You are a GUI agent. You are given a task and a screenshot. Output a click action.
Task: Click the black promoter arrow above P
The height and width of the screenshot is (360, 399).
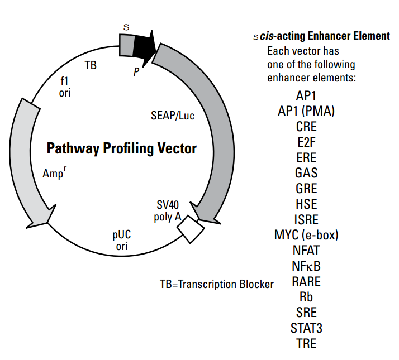pyautogui.click(x=144, y=45)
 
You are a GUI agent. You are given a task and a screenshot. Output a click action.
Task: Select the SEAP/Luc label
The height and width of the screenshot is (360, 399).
pyautogui.click(x=173, y=116)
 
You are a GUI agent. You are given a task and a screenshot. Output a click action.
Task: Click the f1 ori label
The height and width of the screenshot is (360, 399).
pyautogui.click(x=65, y=87)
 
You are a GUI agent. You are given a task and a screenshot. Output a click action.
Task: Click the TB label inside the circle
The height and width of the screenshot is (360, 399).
pyautogui.click(x=91, y=65)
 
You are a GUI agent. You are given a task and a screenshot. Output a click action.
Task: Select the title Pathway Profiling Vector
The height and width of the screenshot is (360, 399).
pyautogui.click(x=121, y=149)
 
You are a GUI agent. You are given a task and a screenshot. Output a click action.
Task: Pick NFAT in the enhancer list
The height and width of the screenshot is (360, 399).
pyautogui.click(x=306, y=249)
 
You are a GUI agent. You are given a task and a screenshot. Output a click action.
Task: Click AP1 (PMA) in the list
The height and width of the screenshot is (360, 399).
pyautogui.click(x=306, y=111)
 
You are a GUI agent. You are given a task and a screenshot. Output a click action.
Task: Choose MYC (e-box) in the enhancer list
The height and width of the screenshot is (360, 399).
pyautogui.click(x=306, y=234)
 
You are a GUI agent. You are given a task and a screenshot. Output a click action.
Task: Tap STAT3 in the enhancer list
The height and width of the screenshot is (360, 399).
pyautogui.click(x=306, y=327)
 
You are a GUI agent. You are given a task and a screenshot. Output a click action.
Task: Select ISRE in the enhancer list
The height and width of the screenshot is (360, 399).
pyautogui.click(x=306, y=219)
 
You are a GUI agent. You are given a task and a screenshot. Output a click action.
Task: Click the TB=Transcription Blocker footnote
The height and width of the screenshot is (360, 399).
pyautogui.click(x=217, y=284)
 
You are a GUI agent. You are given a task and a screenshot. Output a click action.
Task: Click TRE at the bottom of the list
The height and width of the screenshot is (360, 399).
pyautogui.click(x=306, y=343)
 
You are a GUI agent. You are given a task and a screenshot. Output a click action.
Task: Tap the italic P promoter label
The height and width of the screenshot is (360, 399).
pyautogui.click(x=136, y=71)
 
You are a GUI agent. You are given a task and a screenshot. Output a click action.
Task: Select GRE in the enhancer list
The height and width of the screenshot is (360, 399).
pyautogui.click(x=306, y=188)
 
